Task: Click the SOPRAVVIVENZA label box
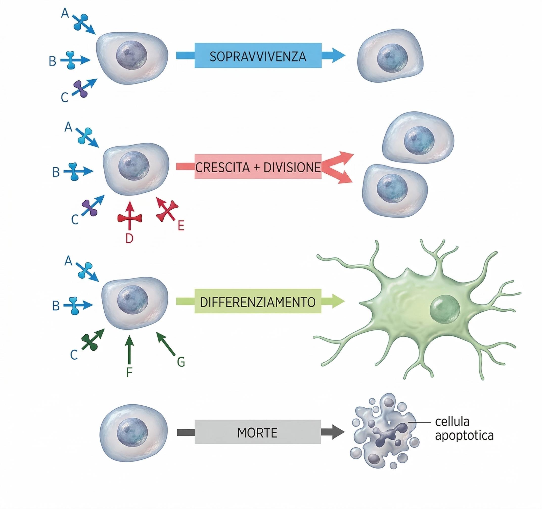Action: point(258,55)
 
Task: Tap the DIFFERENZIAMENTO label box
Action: point(258,301)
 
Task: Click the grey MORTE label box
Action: point(258,432)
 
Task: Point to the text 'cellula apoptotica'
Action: point(464,429)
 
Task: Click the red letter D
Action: point(129,239)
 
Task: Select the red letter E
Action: point(181,226)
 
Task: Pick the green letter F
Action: point(129,372)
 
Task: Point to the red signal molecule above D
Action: point(129,218)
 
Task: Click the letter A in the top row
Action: point(65,13)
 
